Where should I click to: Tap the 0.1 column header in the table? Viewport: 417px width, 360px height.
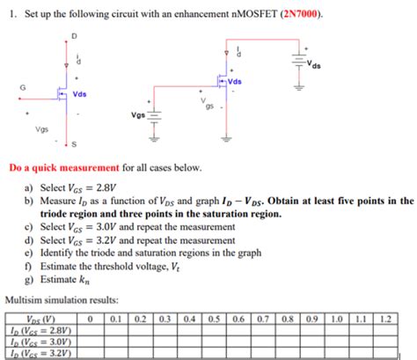pyautogui.click(x=115, y=319)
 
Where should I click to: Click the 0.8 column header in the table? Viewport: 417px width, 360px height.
pyautogui.click(x=289, y=319)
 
